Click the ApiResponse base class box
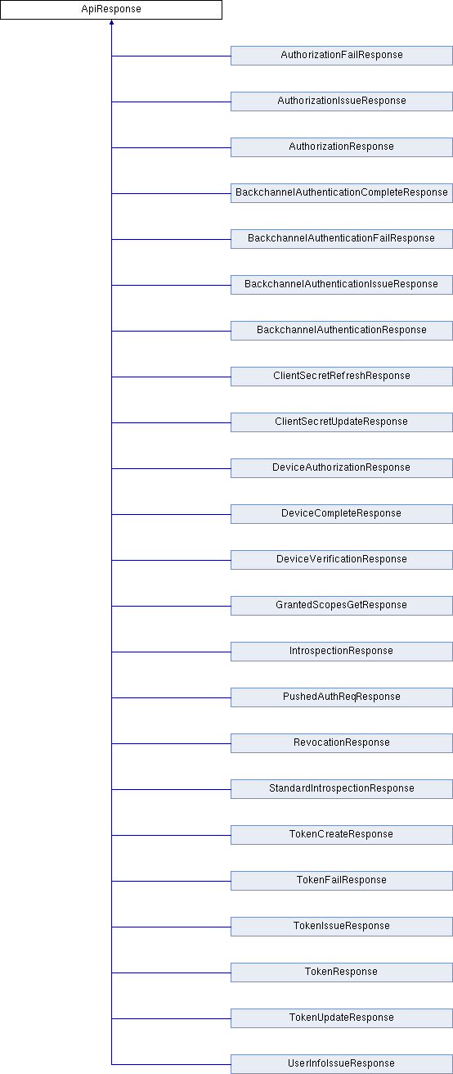(111, 10)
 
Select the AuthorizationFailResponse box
(342, 56)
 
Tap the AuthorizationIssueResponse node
(342, 102)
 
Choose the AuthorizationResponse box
(342, 147)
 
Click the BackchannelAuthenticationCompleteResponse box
(342, 193)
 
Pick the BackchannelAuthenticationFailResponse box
(342, 239)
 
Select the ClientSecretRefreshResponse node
(342, 377)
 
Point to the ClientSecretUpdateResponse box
(342, 422)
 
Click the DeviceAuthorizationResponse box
(342, 468)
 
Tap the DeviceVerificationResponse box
(342, 560)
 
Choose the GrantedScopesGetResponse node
(342, 606)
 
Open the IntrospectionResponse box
(342, 652)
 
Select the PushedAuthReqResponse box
(342, 697)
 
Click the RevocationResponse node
(342, 743)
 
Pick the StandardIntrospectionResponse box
(342, 789)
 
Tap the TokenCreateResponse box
(342, 835)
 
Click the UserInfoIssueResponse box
(342, 1064)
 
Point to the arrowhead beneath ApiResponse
(111, 22)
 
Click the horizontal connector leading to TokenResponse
(171, 972)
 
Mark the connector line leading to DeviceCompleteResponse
(171, 514)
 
